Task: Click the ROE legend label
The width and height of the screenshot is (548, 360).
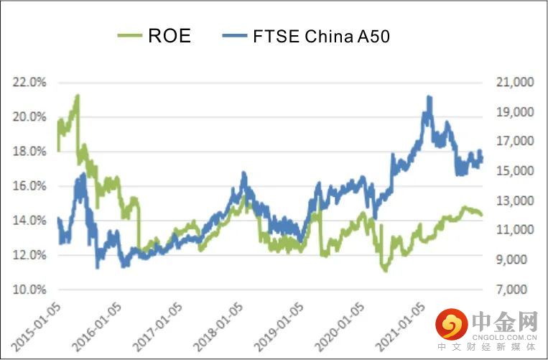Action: [x=169, y=36]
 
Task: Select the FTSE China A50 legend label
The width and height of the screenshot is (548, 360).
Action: [x=321, y=36]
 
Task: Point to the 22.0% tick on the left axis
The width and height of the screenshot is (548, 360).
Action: [x=29, y=83]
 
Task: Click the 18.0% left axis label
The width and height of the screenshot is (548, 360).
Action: [x=29, y=152]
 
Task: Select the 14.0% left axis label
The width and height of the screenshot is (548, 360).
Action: [x=29, y=221]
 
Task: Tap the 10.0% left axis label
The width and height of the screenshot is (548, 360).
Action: [x=29, y=290]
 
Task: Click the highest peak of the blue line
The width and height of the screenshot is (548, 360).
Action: [x=429, y=97]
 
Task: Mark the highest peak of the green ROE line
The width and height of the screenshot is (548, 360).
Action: [x=77, y=96]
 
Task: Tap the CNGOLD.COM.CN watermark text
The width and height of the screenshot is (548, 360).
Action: [x=505, y=335]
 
